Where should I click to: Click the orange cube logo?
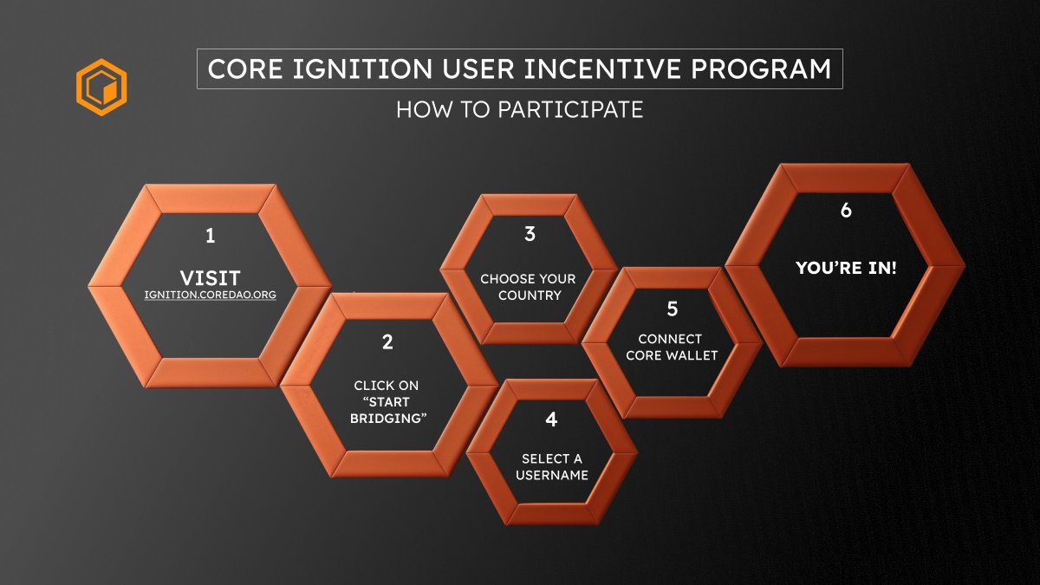tap(101, 87)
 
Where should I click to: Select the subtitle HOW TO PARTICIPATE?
tap(519, 110)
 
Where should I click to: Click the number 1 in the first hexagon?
tap(210, 235)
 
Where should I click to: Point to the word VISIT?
tap(210, 278)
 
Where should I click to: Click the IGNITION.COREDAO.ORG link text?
tap(210, 296)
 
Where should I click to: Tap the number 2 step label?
tap(387, 341)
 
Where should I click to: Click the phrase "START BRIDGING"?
tap(387, 410)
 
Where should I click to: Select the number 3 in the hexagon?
tap(530, 234)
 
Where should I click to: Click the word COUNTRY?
tap(530, 296)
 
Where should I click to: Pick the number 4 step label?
tap(551, 419)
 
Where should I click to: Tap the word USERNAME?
tap(552, 475)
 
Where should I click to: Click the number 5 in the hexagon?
tap(672, 309)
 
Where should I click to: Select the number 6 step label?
tap(846, 211)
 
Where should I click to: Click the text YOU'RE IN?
tap(846, 269)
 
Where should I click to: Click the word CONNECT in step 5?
tap(670, 339)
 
